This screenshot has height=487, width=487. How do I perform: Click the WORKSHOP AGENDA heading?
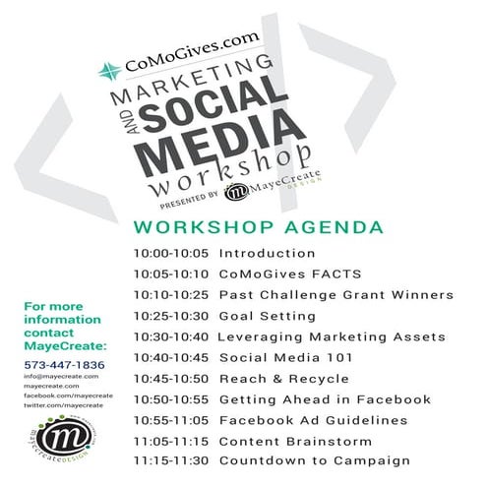259,228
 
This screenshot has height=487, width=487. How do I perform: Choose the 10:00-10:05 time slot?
171,254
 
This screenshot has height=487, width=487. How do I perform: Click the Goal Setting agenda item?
268,316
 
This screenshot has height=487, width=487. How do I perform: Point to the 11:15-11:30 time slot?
171,460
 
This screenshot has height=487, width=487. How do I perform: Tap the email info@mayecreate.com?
52,375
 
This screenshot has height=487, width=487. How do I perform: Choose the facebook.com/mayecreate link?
62,395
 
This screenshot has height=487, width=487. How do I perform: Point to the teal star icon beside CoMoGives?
110,70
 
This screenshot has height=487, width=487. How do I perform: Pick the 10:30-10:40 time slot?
171,336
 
